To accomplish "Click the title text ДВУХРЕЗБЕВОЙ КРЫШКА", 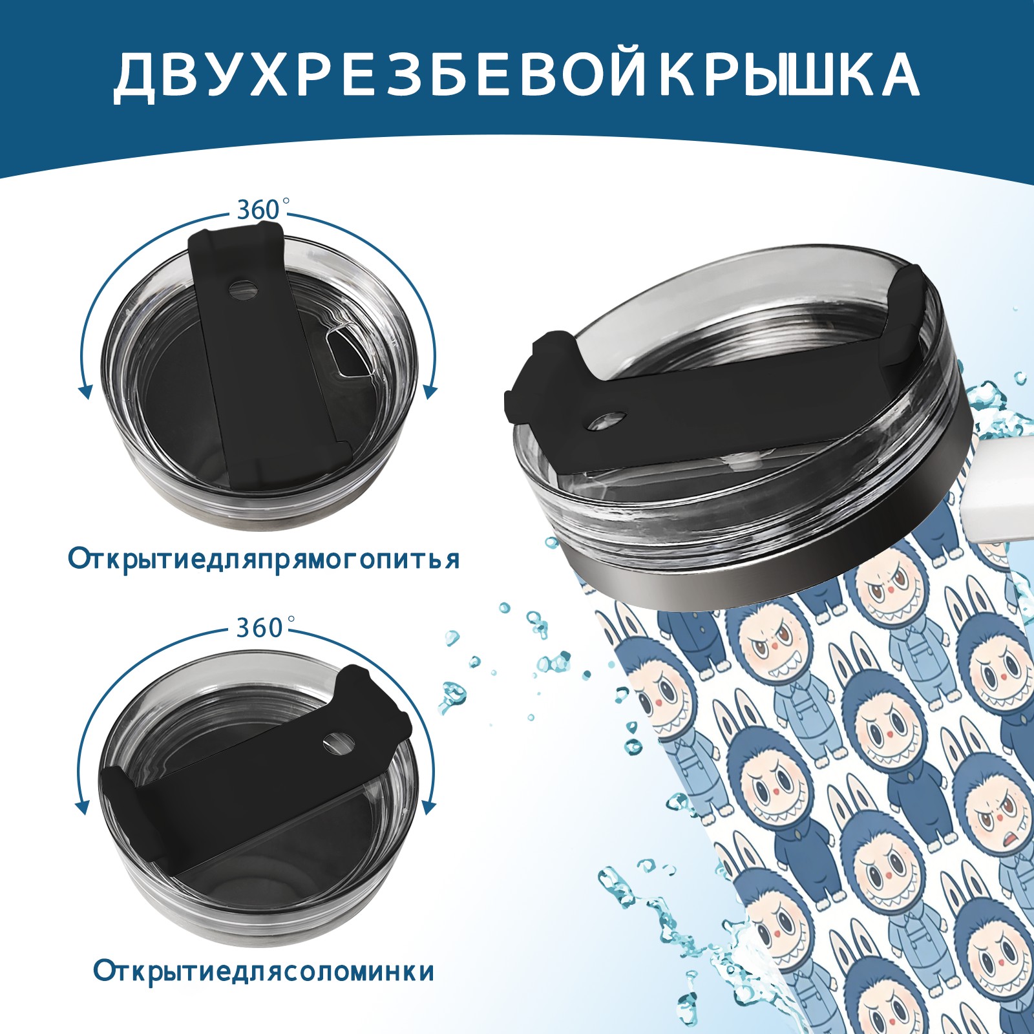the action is (x=516, y=75).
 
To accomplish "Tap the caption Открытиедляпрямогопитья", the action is (x=264, y=559).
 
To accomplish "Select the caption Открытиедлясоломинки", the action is (x=264, y=989).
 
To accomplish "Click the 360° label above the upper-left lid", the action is (x=258, y=209).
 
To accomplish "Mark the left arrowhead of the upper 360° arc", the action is (x=84, y=391).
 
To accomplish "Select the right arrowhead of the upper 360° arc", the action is (x=430, y=392).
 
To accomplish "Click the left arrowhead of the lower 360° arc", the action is (x=83, y=808).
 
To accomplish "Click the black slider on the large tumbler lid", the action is (x=711, y=388).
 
